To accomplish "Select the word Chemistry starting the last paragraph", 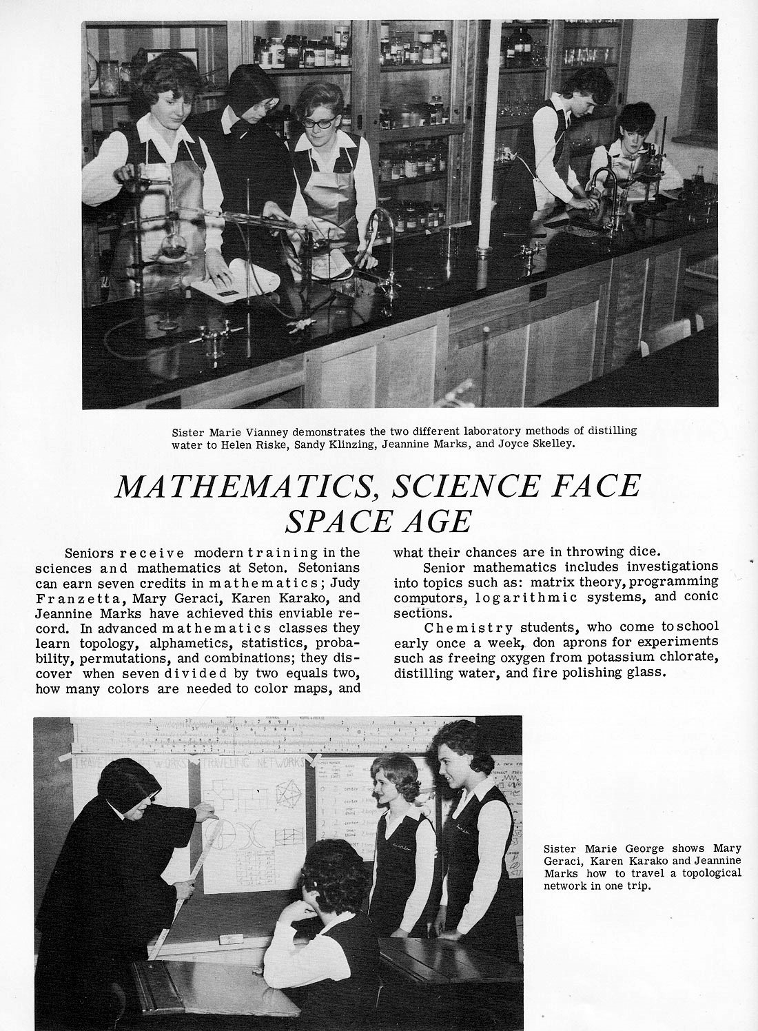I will tap(468, 627).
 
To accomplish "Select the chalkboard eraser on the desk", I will tap(230, 939).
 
